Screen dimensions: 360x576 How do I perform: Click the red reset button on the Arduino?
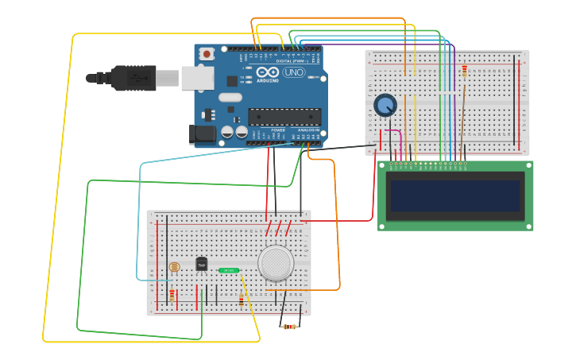click(x=207, y=54)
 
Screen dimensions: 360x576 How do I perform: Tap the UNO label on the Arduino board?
click(x=294, y=72)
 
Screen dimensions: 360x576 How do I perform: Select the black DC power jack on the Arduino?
click(x=201, y=134)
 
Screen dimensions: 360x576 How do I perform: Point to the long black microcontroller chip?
click(x=284, y=117)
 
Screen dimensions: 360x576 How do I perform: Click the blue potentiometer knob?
click(x=385, y=105)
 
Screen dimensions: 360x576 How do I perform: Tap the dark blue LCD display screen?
click(x=454, y=195)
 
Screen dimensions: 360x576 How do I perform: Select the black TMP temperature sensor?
click(x=202, y=264)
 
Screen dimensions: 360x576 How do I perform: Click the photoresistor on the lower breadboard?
click(x=175, y=267)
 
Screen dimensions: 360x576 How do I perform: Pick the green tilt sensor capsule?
click(x=229, y=270)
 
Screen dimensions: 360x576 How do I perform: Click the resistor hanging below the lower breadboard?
click(x=290, y=327)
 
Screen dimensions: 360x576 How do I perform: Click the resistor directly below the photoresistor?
click(x=172, y=296)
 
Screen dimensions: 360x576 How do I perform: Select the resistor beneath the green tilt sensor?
click(x=242, y=300)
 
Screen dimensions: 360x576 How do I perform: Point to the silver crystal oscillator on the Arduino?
click(x=230, y=98)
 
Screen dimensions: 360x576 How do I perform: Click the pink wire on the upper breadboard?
click(x=395, y=135)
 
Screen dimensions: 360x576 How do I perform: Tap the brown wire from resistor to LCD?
click(x=462, y=119)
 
